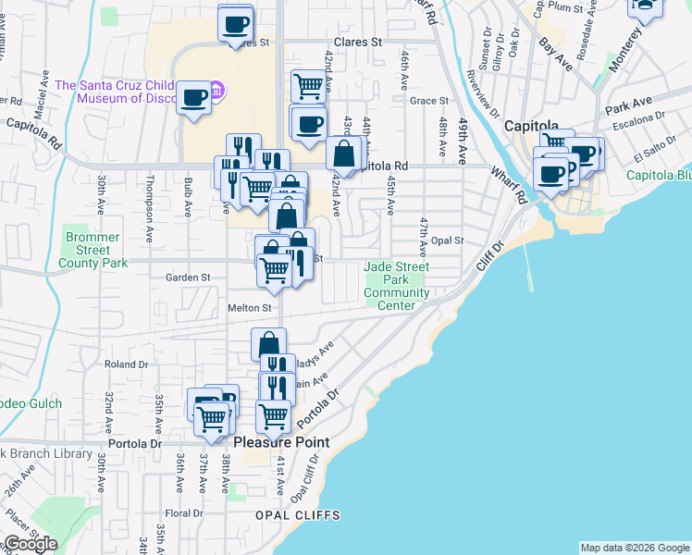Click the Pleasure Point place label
[281, 442]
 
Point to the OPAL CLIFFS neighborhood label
[298, 515]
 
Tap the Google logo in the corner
[31, 544]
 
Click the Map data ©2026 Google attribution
[635, 548]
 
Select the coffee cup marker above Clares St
[235, 22]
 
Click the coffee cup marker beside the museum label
[194, 96]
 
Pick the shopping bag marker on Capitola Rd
[343, 154]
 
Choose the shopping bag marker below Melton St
[268, 344]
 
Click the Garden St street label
[188, 277]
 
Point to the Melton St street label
[250, 308]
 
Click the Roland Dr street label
[120, 364]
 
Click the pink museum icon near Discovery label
[216, 91]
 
